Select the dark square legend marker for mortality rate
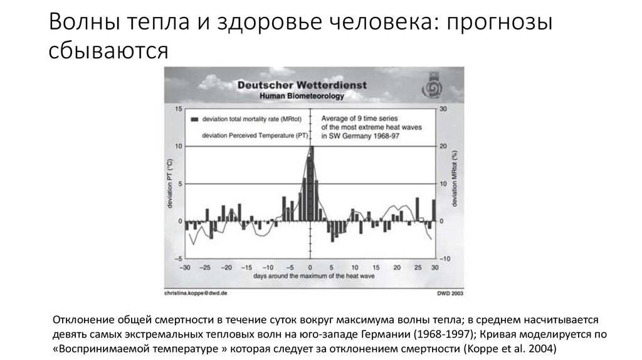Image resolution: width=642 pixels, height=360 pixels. [x=194, y=118]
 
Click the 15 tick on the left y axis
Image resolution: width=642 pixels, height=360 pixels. [x=178, y=109]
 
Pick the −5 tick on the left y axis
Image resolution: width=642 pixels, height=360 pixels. [x=177, y=258]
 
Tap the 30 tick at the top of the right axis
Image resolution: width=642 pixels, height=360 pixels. [x=443, y=109]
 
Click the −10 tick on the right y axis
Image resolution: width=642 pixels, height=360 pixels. [x=444, y=258]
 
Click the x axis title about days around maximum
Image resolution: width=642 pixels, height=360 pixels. [x=310, y=276]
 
